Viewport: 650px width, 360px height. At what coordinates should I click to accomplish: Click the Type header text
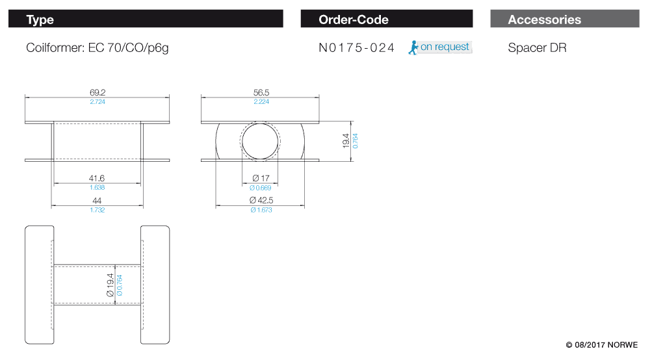(x=40, y=19)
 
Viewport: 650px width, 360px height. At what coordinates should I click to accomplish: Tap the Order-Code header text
(x=353, y=19)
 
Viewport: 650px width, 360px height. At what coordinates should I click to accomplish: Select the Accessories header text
(x=544, y=19)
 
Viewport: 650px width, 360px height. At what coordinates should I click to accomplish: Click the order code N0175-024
(x=356, y=47)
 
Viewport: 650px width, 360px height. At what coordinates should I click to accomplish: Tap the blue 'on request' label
(x=445, y=47)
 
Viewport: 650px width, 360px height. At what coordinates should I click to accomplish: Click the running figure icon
(x=413, y=47)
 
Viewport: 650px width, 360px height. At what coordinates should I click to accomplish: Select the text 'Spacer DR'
(x=537, y=47)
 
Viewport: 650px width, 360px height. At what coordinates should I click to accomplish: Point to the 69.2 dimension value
(x=97, y=92)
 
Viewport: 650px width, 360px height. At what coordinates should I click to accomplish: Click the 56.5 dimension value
(x=261, y=92)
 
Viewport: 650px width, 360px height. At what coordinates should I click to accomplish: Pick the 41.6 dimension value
(x=97, y=178)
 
